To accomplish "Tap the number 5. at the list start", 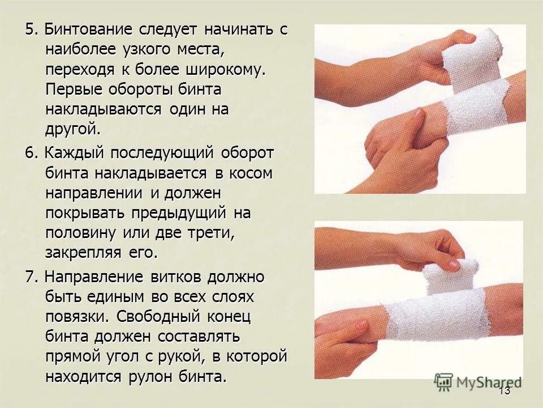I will tap(31, 31).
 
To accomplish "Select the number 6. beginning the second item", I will tap(31, 153).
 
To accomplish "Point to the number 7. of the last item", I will tap(31, 277).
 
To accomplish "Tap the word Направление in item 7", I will tap(93, 277).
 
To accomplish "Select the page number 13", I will tap(505, 391).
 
